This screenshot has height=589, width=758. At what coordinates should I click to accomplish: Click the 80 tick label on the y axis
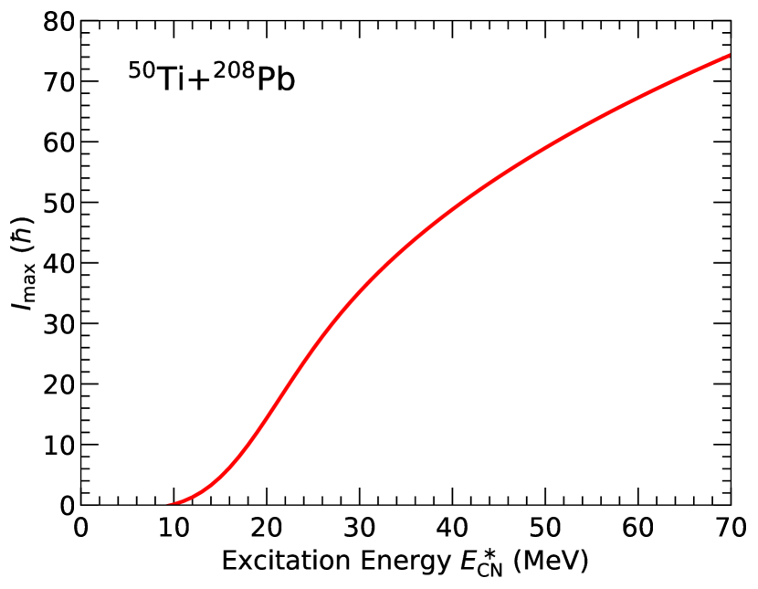click(x=58, y=21)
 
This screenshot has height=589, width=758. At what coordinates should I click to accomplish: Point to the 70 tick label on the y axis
click(x=58, y=81)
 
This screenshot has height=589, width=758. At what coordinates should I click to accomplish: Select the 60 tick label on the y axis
click(x=58, y=142)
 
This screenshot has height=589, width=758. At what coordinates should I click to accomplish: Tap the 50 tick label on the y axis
click(x=58, y=203)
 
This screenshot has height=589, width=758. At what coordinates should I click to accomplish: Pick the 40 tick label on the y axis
click(x=58, y=263)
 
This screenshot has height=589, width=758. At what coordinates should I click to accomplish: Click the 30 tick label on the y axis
click(x=58, y=324)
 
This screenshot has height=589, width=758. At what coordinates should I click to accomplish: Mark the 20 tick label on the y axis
click(x=58, y=384)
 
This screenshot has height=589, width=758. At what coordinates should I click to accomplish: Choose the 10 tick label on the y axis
click(x=58, y=445)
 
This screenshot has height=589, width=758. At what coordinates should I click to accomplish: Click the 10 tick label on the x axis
click(x=174, y=528)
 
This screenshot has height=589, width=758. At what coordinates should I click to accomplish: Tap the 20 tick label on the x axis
click(x=267, y=528)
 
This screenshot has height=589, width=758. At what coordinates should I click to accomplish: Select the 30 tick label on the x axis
click(x=360, y=528)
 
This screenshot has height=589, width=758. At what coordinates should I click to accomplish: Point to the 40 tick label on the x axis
click(x=452, y=528)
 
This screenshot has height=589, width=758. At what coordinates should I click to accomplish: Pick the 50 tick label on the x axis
click(x=545, y=528)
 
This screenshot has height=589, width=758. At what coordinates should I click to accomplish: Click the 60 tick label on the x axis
click(x=638, y=528)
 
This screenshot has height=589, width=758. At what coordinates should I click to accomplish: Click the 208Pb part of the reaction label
click(x=255, y=79)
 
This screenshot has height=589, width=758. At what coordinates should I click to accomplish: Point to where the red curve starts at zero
click(x=174, y=504)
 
